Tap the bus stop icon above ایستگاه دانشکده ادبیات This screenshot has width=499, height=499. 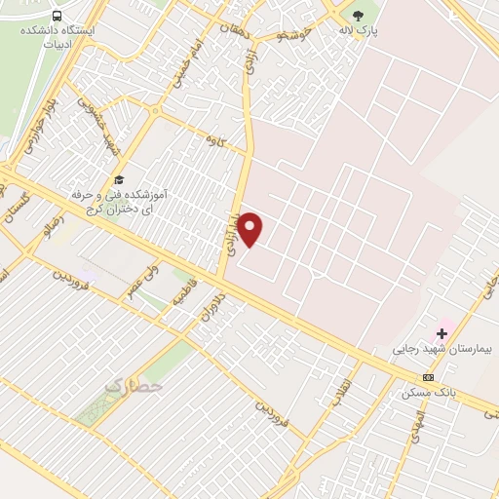58,16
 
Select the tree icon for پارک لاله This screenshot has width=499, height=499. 358,15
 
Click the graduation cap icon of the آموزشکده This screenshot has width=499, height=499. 119,179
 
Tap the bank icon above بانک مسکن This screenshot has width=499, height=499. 428,377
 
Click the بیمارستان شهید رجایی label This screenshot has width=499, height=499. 443,348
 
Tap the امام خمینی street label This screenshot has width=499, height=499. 188,65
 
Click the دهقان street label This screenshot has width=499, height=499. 234,30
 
